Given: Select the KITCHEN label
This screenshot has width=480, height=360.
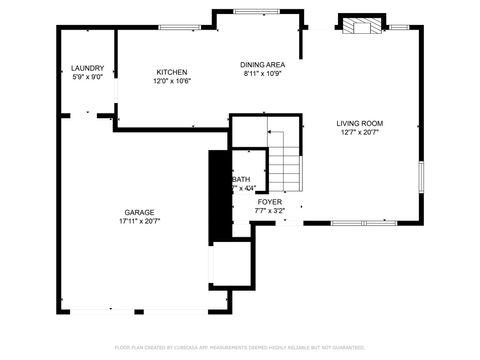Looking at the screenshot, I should (171, 72).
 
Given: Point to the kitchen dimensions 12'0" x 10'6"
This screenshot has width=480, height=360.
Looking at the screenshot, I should (171, 82).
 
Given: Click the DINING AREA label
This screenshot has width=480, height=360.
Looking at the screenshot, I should (263, 64).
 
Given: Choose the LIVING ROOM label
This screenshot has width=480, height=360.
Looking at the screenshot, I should (358, 123).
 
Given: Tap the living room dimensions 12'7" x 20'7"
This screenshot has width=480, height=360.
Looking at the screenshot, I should (358, 132).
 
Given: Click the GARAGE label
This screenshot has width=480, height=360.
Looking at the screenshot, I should (139, 212).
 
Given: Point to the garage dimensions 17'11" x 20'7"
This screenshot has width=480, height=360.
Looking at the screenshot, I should (139, 221).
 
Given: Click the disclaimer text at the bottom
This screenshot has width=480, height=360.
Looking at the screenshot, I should (239, 347).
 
